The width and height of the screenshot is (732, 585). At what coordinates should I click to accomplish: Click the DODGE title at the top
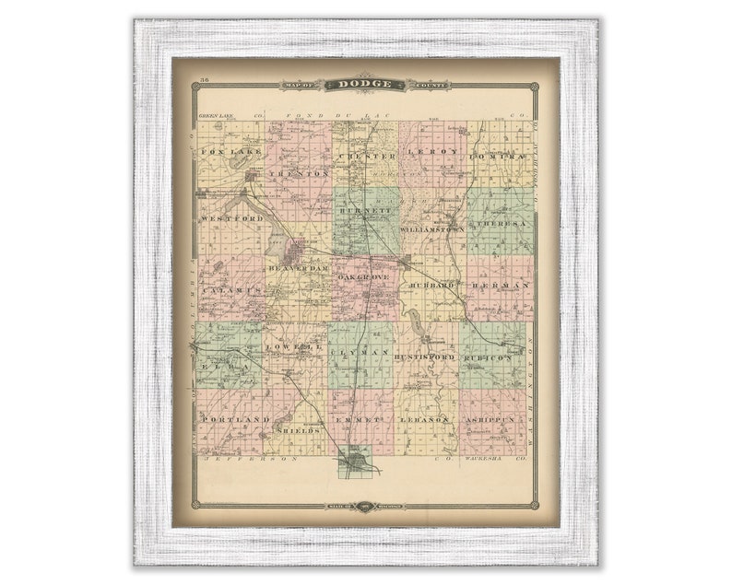[366, 85]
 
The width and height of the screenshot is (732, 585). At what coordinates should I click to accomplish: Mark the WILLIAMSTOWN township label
[433, 223]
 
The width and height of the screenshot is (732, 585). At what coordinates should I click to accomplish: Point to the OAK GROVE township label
[365, 277]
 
